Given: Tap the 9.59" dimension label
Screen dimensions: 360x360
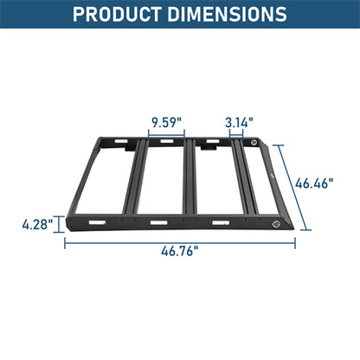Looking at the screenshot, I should [165, 121].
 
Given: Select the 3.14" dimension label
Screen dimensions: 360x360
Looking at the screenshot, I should [239, 121].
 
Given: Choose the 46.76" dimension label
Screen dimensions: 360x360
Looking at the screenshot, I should [179, 251].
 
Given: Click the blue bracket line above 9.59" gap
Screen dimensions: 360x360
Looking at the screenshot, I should [165, 133].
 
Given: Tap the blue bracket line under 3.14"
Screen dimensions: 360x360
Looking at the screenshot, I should [239, 133].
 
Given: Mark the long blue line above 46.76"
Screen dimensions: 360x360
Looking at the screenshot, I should [179, 240].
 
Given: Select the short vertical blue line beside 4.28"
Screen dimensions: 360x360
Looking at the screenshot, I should [60, 225].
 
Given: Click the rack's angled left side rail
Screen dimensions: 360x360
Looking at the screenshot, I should [90, 177].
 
